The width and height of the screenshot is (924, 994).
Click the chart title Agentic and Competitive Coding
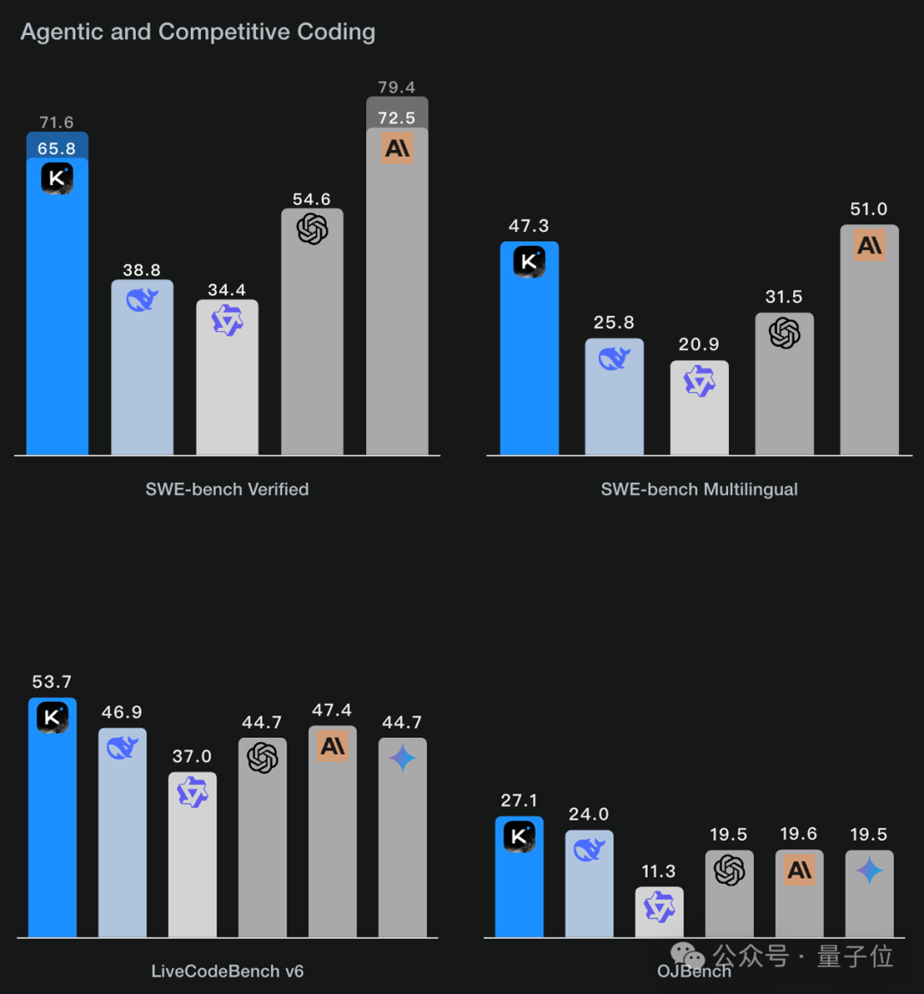(198, 32)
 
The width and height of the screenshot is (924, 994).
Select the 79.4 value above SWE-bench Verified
(396, 87)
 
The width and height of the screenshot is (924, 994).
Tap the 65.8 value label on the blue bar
(56, 149)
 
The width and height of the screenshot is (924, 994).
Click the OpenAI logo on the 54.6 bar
(312, 229)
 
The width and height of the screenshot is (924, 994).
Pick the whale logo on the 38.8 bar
(142, 300)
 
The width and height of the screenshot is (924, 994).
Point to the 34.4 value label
(227, 290)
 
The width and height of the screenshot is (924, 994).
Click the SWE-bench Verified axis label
(227, 490)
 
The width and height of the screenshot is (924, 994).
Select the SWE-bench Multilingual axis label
(699, 490)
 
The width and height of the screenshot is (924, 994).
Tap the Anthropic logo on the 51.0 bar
(869, 246)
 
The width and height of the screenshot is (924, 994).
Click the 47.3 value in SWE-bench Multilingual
(529, 226)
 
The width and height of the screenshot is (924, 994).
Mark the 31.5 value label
(784, 297)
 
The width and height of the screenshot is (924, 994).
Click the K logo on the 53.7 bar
(52, 717)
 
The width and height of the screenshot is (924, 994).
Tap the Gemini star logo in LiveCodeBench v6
(402, 758)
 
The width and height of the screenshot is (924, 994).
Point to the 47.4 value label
(332, 711)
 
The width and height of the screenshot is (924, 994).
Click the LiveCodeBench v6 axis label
(228, 972)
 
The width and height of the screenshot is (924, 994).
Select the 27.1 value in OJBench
(519, 801)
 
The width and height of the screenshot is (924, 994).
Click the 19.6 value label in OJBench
(798, 834)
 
